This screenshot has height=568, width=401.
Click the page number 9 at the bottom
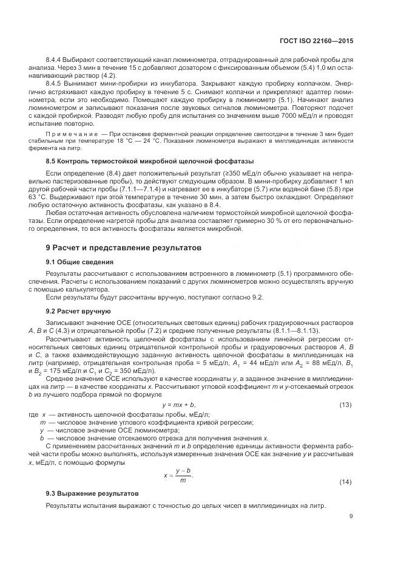click(x=351, y=517)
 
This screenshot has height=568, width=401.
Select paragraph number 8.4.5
click(x=56, y=86)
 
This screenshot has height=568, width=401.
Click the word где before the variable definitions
click(x=33, y=413)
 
